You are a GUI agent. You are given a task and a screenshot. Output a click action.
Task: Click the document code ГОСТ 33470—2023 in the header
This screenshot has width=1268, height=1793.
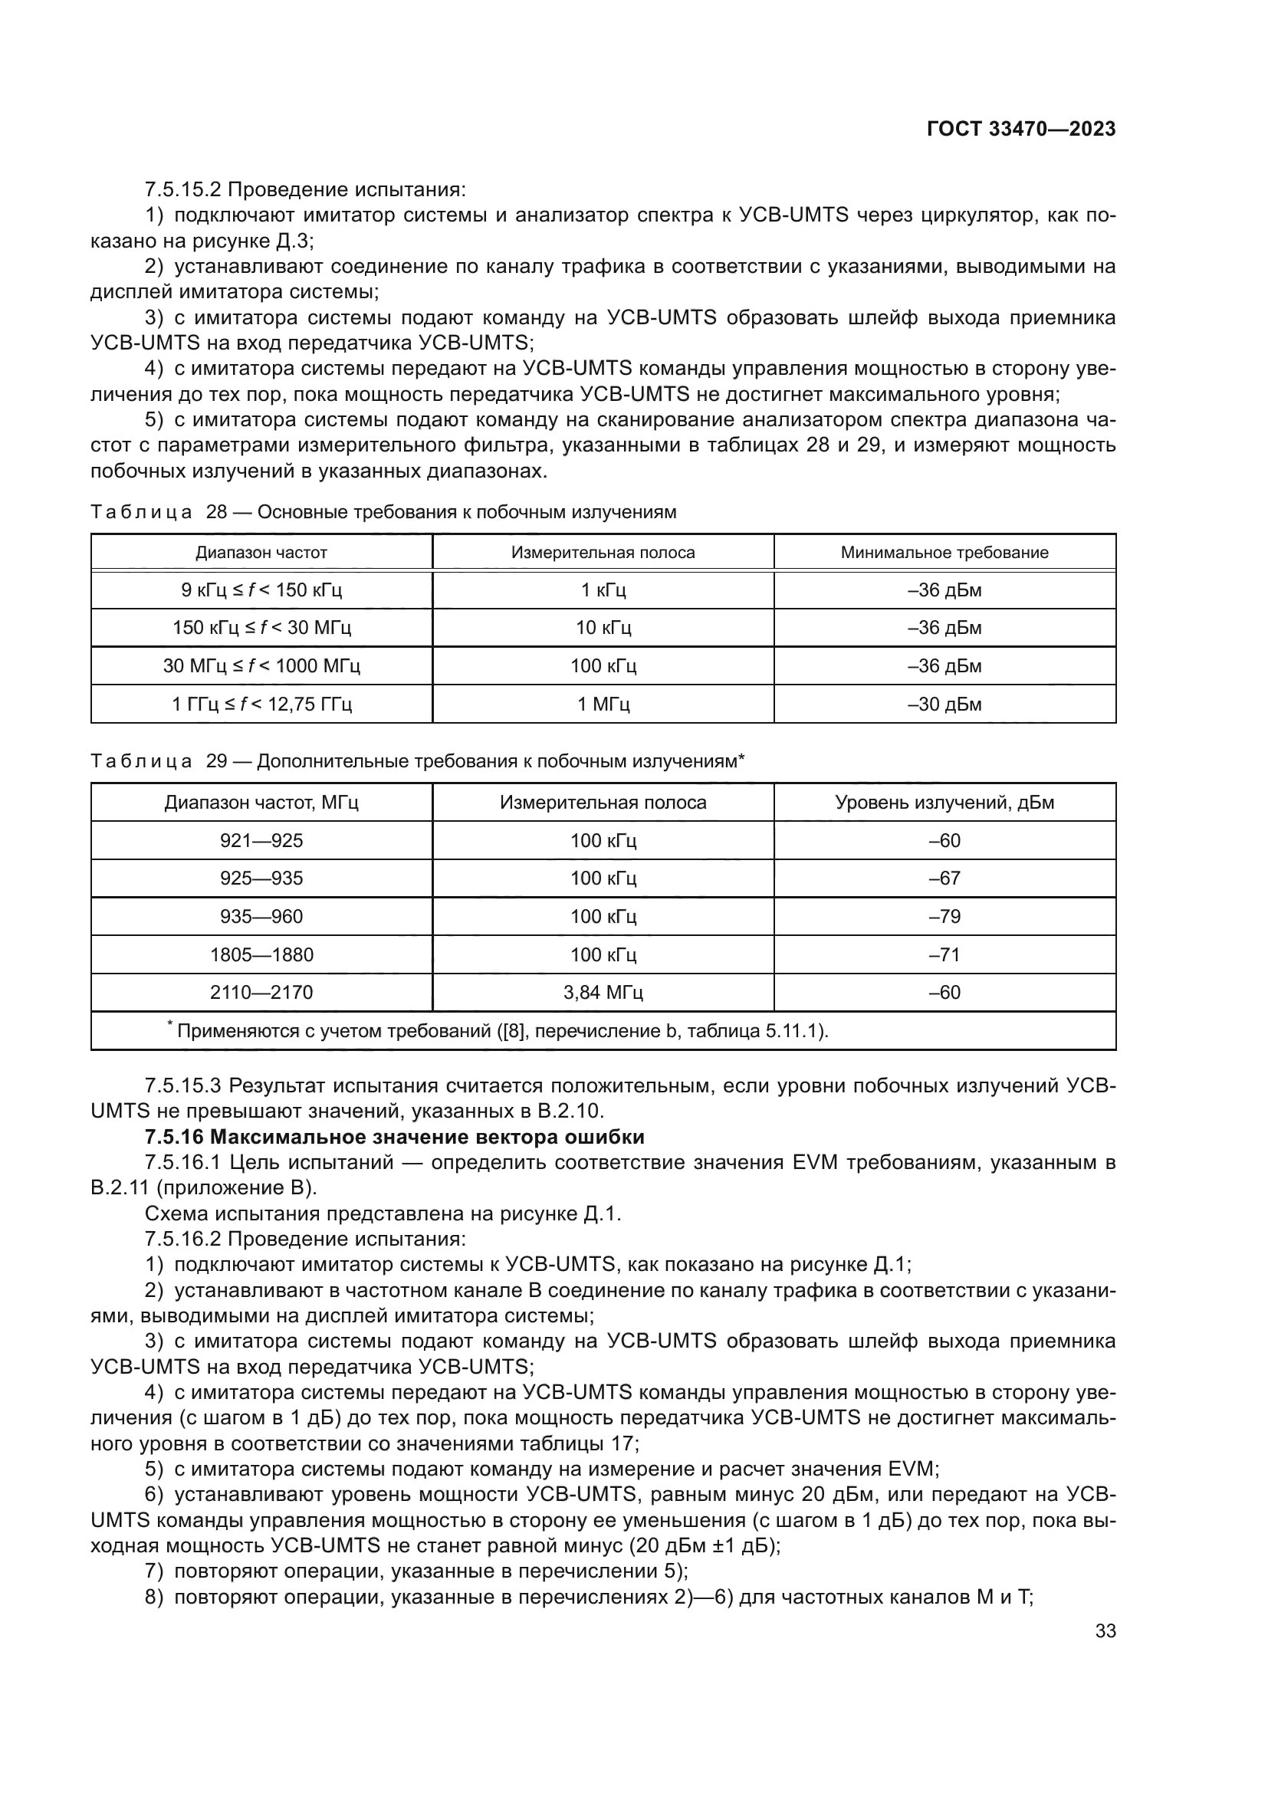point(1020,130)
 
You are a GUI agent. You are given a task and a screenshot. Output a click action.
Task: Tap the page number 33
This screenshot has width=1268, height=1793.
point(1105,1630)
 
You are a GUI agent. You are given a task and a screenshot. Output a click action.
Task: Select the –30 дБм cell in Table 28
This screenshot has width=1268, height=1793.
point(944,704)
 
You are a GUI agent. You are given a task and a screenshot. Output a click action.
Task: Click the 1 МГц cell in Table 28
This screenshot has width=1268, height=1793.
point(603,704)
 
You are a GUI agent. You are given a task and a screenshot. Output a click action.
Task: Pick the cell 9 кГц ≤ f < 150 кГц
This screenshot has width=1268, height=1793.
point(261,590)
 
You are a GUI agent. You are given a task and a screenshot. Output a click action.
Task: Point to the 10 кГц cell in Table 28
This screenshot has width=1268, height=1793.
point(603,628)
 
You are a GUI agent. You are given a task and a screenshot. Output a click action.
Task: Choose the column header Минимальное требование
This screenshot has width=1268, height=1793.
point(944,553)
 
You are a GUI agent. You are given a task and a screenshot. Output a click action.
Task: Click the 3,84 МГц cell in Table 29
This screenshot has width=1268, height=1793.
point(603,993)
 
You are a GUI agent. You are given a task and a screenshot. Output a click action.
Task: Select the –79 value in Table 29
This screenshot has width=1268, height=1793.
point(944,916)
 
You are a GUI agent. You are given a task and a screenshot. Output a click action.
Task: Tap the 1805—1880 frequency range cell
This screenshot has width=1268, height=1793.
point(261,954)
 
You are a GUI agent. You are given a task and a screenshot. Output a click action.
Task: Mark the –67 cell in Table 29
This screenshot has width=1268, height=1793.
point(944,878)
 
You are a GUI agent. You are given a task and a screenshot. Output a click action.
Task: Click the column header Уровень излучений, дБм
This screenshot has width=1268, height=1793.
point(944,803)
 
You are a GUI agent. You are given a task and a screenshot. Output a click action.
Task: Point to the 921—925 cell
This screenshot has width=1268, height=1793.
point(261,841)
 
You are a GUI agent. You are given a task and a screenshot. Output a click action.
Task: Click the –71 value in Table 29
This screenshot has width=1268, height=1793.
point(944,954)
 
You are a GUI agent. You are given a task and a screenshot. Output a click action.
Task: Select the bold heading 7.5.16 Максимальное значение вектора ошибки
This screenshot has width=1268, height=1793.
point(394,1137)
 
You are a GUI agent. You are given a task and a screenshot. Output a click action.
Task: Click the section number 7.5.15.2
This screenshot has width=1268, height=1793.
point(182,190)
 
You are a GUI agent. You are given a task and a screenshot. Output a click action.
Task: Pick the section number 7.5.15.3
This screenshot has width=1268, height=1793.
point(182,1085)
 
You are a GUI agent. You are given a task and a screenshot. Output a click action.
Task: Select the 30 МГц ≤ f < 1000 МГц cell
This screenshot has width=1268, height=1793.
point(261,666)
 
